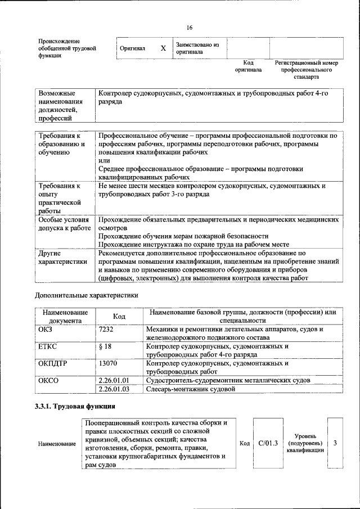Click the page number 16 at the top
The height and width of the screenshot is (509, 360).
pos(189,28)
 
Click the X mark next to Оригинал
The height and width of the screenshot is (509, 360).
pos(163,48)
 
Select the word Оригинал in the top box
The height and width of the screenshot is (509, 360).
pos(133,49)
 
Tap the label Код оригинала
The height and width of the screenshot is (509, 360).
pos(248,66)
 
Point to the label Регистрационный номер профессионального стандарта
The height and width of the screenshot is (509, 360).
pos(307,70)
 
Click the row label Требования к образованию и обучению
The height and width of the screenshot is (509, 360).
pos(61,144)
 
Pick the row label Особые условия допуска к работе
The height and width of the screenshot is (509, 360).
pos(64,224)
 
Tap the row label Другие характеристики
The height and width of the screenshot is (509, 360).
pos(62,257)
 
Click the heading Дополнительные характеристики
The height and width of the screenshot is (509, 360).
pos(86,294)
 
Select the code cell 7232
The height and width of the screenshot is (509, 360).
pos(106,329)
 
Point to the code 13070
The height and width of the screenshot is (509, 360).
pos(107,363)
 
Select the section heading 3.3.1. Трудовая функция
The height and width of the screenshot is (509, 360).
pos(75,407)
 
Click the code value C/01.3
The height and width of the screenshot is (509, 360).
pos(268,443)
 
